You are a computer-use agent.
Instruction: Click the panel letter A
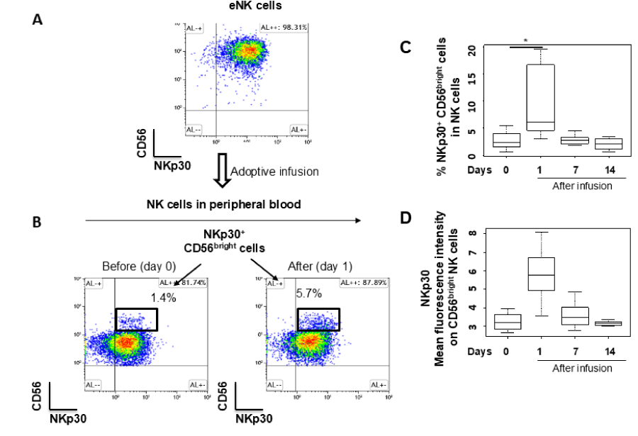click(38, 19)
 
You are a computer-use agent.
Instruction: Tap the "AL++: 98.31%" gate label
click(284, 28)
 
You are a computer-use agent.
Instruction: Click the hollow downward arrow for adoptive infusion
click(220, 172)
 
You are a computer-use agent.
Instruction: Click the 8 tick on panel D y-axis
click(482, 233)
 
